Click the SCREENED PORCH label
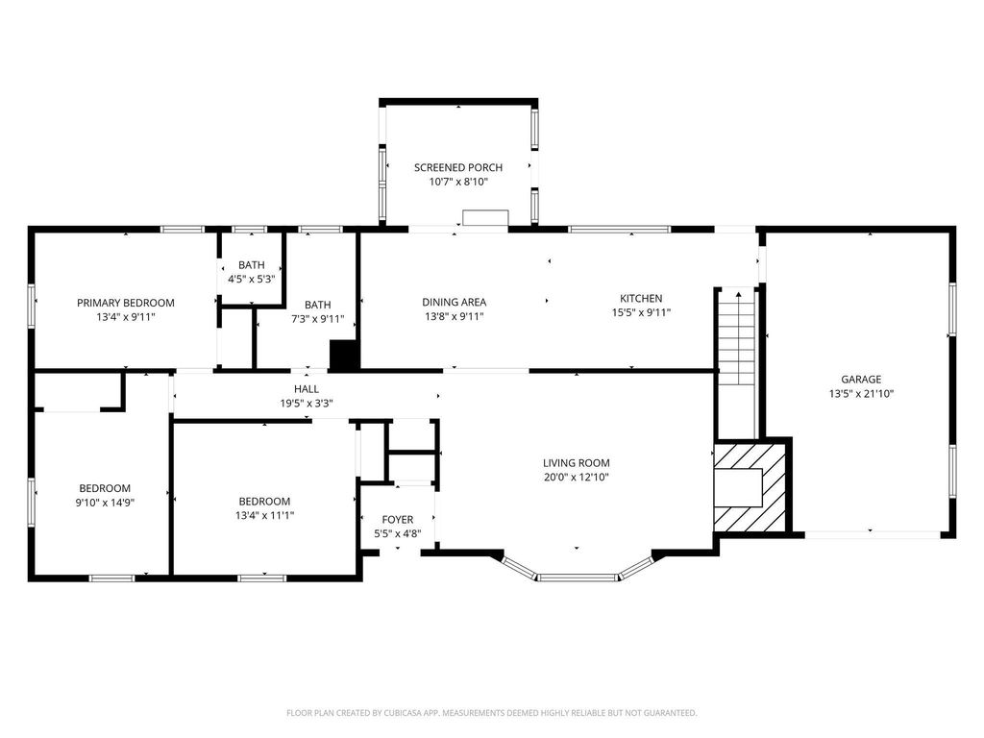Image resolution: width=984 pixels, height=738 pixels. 458,167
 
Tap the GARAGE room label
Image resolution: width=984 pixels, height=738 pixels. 861,379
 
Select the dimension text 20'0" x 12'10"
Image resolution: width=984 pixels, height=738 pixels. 577,477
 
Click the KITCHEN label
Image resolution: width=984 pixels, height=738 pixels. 641,298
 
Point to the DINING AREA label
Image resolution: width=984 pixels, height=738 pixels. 454,302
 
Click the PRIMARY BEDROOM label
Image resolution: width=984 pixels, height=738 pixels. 126,303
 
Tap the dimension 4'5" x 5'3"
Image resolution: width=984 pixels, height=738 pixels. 251,279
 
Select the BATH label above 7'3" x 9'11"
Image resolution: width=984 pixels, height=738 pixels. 317,305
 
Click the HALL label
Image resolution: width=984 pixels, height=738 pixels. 307,389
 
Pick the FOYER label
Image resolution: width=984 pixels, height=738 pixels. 397,520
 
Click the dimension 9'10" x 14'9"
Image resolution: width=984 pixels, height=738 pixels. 105,502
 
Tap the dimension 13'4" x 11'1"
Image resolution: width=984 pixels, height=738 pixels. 264,515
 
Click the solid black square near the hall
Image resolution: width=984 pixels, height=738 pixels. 343,356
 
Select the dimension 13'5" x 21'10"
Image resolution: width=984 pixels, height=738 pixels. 861,393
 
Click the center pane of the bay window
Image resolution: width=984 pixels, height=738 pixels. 578,578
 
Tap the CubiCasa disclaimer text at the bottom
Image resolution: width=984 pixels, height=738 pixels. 491,713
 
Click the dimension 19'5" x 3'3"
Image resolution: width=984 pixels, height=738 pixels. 307,404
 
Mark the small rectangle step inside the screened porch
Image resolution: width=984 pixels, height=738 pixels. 485,217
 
